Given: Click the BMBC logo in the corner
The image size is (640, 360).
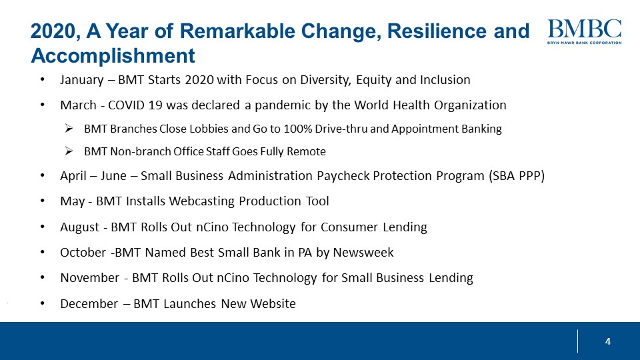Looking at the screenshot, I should [x=584, y=31].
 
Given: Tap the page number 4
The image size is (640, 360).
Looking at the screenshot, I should [x=607, y=342].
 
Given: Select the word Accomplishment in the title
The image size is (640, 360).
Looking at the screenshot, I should [x=113, y=54].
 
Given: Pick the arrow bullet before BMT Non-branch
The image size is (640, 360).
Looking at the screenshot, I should [x=68, y=151].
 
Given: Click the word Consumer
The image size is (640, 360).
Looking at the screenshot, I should [x=347, y=227].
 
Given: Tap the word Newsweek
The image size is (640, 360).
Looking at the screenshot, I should [x=364, y=253].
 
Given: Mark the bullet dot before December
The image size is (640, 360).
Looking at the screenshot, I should [x=43, y=304].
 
